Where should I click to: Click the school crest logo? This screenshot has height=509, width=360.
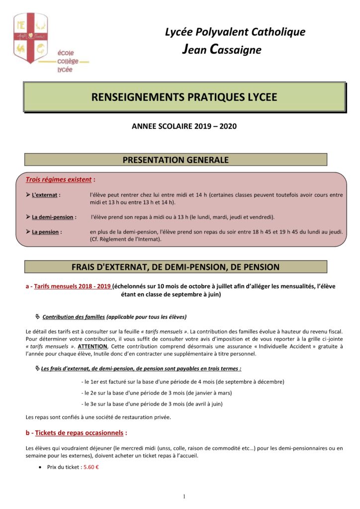[x=30, y=38]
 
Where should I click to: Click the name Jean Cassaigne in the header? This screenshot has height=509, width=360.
[x=222, y=50]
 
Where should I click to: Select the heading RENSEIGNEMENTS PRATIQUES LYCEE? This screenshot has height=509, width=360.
[x=184, y=97]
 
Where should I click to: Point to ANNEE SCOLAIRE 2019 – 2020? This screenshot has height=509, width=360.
[x=184, y=126]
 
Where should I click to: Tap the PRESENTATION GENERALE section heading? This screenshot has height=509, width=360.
[x=176, y=160]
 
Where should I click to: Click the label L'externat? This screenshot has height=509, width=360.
[x=46, y=195]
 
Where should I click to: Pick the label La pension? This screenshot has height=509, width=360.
[x=45, y=232]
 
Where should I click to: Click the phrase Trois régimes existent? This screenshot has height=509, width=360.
[x=59, y=179]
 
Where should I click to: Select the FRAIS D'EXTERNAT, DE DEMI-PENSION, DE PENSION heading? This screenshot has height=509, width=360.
[x=176, y=267]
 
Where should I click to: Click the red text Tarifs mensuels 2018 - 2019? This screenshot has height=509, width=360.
[x=73, y=286]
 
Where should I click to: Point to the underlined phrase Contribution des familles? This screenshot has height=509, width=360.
[x=74, y=317]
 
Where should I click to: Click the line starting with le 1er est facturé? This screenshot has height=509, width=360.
[x=182, y=382]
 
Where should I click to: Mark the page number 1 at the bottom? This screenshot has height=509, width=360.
[x=184, y=496]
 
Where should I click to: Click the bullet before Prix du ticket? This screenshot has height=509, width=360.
[x=39, y=468]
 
